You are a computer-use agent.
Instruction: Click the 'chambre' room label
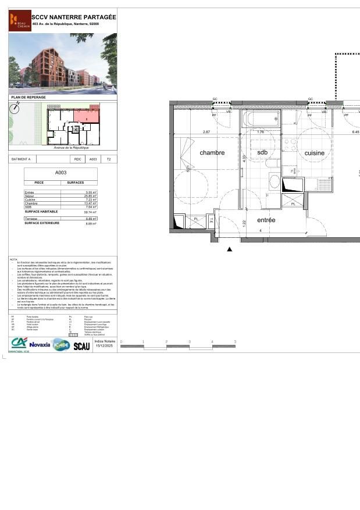point(212,153)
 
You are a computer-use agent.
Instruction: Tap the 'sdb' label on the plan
point(262,152)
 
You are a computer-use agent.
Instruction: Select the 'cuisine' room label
point(315,153)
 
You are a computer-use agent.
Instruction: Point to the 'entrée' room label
point(266,220)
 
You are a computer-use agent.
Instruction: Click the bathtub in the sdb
point(261,120)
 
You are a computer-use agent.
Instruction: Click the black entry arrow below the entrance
point(230,249)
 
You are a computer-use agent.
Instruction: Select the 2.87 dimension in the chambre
point(206,132)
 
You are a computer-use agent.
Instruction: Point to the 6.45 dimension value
point(355,132)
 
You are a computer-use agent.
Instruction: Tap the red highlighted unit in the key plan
point(86,116)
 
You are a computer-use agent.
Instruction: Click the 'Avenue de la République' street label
point(71,148)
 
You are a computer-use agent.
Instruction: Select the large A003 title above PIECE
point(60,173)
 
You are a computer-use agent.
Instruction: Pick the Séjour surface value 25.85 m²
point(90,196)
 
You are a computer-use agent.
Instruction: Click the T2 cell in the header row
point(108,159)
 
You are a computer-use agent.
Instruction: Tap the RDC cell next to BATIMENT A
point(77,159)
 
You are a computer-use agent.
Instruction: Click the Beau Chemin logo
point(20,21)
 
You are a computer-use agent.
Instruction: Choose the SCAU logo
point(81,346)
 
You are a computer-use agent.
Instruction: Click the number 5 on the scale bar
point(235,342)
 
